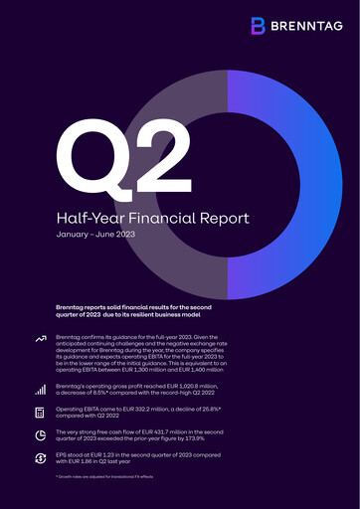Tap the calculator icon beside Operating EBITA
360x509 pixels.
(x=41, y=412)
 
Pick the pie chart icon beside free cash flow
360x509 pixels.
(x=41, y=434)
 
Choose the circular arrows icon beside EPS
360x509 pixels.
(x=41, y=457)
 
